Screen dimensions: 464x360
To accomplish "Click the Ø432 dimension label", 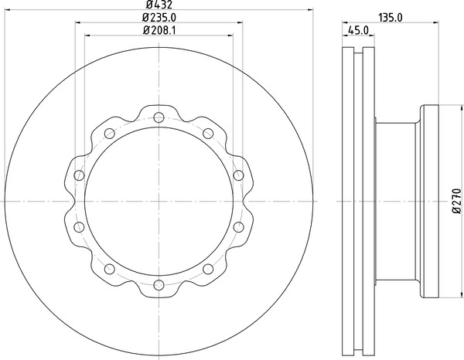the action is (x=159, y=4).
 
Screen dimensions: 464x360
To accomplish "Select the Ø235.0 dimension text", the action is (x=159, y=18).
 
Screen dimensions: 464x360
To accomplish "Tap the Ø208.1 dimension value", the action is (x=159, y=30).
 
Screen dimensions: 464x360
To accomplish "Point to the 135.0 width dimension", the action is (x=391, y=18).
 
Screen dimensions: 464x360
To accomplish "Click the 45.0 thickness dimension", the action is (x=358, y=30).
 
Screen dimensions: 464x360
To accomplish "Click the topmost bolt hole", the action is (x=159, y=117).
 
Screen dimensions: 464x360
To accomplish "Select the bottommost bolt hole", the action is (x=159, y=285).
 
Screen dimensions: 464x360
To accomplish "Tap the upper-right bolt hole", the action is (x=208, y=134).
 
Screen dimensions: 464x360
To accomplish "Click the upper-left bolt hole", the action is (x=110, y=134).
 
